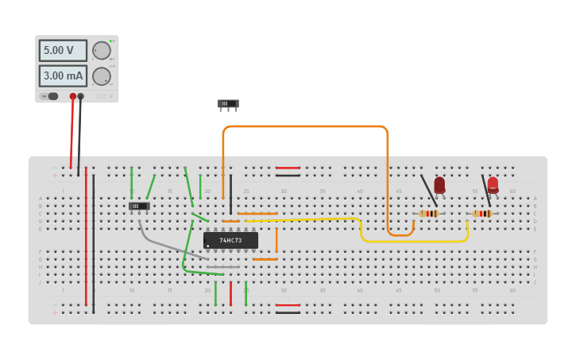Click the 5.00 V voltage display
point(63,50)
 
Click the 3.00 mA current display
point(63,76)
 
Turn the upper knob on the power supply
point(102,50)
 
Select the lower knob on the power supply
point(102,76)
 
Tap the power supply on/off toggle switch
point(50,96)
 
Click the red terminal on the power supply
point(73,96)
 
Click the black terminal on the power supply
point(80,96)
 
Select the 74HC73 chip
point(230,240)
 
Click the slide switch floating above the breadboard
point(228,103)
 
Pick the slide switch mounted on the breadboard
point(139,206)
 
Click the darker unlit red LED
point(439,184)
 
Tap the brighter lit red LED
point(493,184)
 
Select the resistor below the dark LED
point(429,214)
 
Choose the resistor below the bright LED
point(481,214)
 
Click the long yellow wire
point(413,241)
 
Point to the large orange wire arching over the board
point(306,126)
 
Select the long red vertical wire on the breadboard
point(86,238)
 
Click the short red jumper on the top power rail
point(288,168)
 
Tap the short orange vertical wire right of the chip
point(276,240)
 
